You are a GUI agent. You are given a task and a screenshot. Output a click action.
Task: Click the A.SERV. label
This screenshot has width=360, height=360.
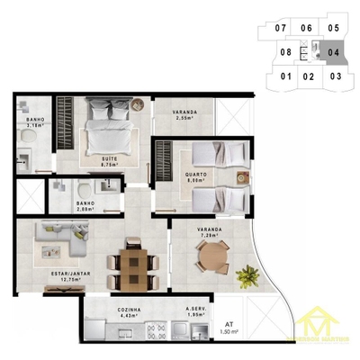197,310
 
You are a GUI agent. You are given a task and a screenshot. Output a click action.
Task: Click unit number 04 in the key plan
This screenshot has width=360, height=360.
333,53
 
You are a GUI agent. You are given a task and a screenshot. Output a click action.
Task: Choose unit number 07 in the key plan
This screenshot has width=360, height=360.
281,29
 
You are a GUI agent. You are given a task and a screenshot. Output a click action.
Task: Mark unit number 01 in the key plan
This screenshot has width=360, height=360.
285,76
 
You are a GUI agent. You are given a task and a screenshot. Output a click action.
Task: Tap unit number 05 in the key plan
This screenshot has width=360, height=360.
333,29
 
